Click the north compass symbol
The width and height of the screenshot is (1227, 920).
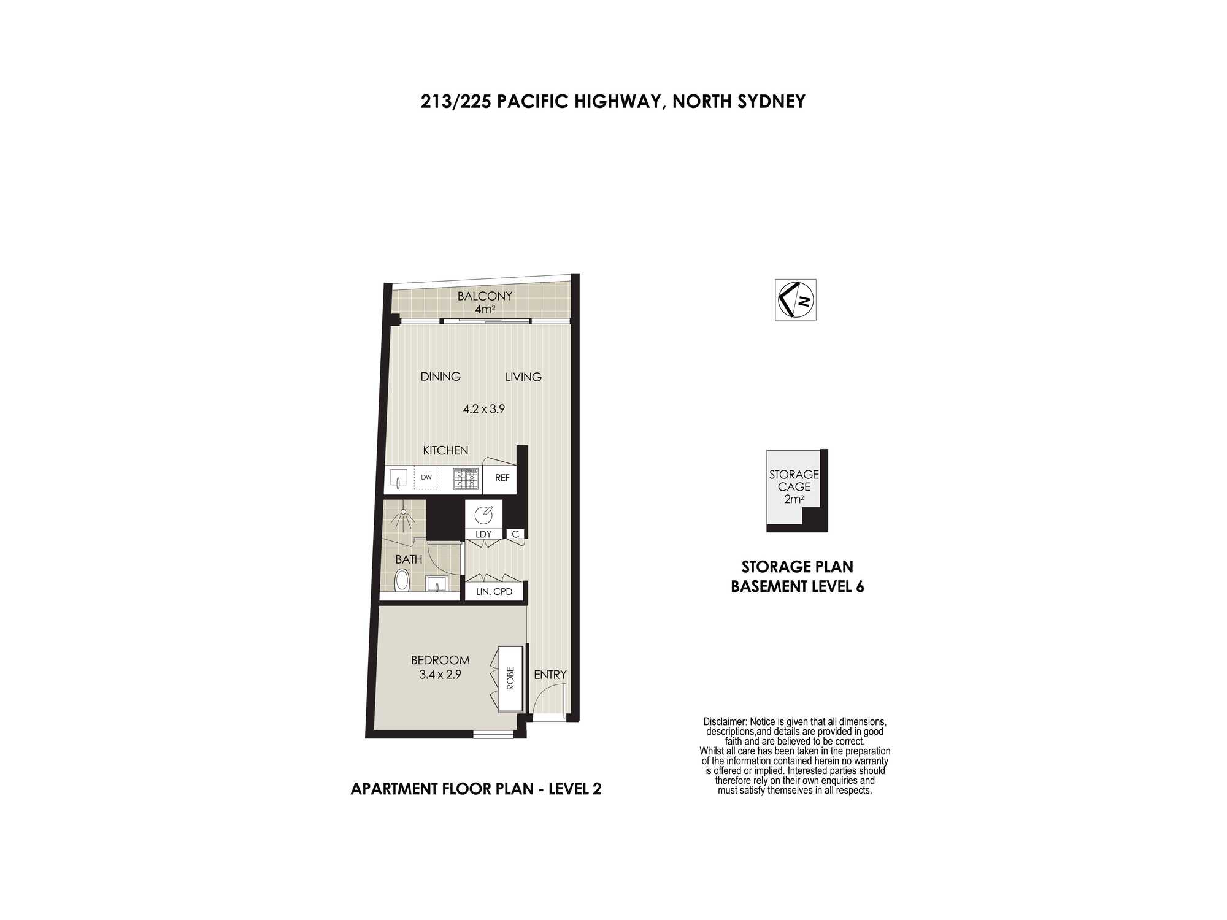point(795,299)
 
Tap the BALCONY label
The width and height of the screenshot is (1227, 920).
point(485,296)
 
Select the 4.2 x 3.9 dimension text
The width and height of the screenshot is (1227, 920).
point(483,409)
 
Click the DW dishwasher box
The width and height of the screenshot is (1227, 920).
point(426,478)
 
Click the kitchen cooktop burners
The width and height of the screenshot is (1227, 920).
point(466,478)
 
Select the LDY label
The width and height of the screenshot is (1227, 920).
point(483,534)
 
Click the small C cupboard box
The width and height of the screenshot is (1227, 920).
point(515,534)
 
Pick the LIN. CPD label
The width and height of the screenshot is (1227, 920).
point(494,592)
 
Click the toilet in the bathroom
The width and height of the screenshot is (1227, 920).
point(402,580)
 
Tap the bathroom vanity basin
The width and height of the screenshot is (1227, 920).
point(437,583)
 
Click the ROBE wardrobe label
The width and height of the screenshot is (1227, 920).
point(510,678)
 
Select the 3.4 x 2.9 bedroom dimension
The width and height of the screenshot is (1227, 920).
point(440,675)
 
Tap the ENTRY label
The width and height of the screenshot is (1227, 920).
point(550,675)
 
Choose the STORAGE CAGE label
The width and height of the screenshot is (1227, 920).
point(794,480)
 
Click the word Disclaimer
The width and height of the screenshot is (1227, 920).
point(725,722)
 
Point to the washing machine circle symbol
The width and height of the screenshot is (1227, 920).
point(483,515)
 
